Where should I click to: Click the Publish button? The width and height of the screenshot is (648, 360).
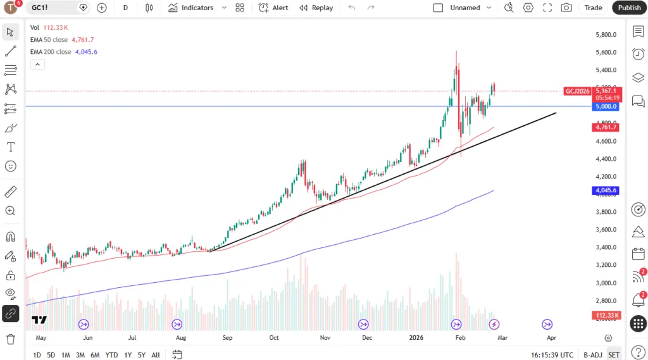point(629,8)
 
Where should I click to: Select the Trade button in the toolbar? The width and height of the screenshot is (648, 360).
point(593,8)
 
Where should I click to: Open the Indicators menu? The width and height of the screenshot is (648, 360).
point(191,8)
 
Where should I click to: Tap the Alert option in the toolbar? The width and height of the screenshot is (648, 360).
point(273,8)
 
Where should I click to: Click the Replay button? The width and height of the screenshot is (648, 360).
point(316,8)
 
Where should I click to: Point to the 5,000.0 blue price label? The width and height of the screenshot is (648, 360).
point(605,107)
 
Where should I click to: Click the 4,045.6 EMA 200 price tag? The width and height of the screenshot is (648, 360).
point(605,190)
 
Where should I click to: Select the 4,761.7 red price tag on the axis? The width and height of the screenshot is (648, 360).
point(605,127)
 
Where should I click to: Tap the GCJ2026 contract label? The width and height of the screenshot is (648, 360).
point(577,91)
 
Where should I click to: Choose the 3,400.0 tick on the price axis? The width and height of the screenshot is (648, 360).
point(606,247)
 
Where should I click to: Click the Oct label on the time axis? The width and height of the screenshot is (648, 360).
point(274,338)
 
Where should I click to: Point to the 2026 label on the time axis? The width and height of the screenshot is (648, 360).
point(416,338)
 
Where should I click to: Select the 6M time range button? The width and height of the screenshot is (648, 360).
point(95,355)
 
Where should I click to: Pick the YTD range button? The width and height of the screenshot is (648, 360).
point(111,355)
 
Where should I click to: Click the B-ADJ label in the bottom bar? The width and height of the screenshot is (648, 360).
point(593,355)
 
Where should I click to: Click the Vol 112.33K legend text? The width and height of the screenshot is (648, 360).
point(49,28)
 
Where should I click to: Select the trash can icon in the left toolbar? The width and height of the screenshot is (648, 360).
point(11,339)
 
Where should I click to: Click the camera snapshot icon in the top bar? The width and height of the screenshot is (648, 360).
point(566,8)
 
